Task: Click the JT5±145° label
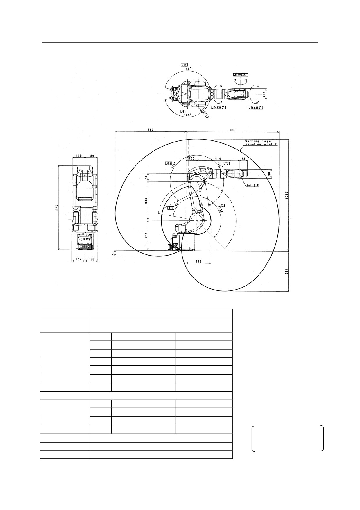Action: click(x=241, y=75)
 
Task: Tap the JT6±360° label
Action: click(x=255, y=108)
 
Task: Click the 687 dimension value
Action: click(x=150, y=130)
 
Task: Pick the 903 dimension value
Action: click(x=233, y=130)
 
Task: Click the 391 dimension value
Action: click(x=286, y=271)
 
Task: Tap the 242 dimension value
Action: click(x=198, y=261)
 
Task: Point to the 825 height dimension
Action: click(x=57, y=208)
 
